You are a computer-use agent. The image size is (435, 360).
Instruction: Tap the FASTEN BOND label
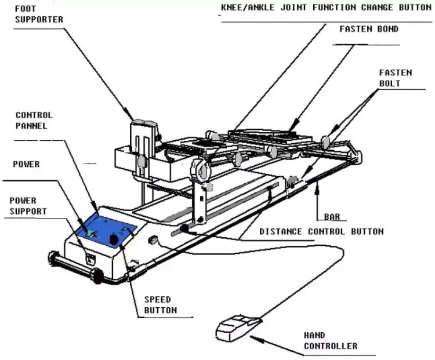[369, 29]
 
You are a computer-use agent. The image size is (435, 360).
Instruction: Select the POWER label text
[27, 164]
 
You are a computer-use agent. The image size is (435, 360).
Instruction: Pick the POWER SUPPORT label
[28, 206]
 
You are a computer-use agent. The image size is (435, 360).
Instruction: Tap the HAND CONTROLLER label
[331, 341]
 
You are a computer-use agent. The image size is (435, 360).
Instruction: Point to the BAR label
[332, 217]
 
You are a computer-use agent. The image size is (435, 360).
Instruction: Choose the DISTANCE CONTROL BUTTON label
[321, 232]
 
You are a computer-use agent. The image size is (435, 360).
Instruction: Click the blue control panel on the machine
[107, 230]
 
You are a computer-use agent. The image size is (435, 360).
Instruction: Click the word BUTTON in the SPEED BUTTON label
[160, 310]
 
